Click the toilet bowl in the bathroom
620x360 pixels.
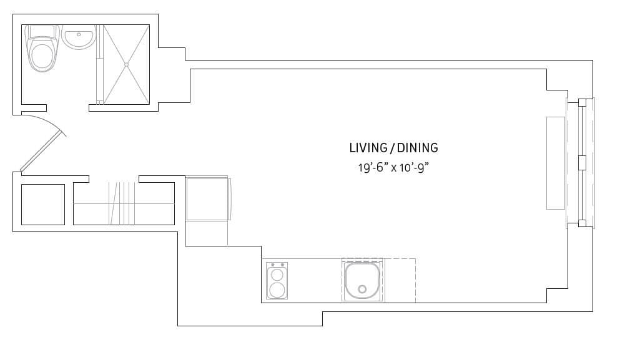[x=42, y=54]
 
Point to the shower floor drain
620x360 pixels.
[x=126, y=64]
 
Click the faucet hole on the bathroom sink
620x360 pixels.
[x=79, y=35]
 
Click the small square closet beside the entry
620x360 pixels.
[x=43, y=204]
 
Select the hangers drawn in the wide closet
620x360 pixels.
[x=122, y=203]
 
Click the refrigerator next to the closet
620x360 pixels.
[x=207, y=199]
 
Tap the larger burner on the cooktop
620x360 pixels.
[x=277, y=289]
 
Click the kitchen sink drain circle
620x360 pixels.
[x=362, y=289]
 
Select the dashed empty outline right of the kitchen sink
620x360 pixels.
[x=399, y=280]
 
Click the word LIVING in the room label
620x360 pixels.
[x=368, y=148]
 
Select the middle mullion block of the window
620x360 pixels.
[x=582, y=163]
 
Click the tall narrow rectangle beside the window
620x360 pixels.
[x=555, y=163]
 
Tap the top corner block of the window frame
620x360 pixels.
[x=582, y=102]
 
